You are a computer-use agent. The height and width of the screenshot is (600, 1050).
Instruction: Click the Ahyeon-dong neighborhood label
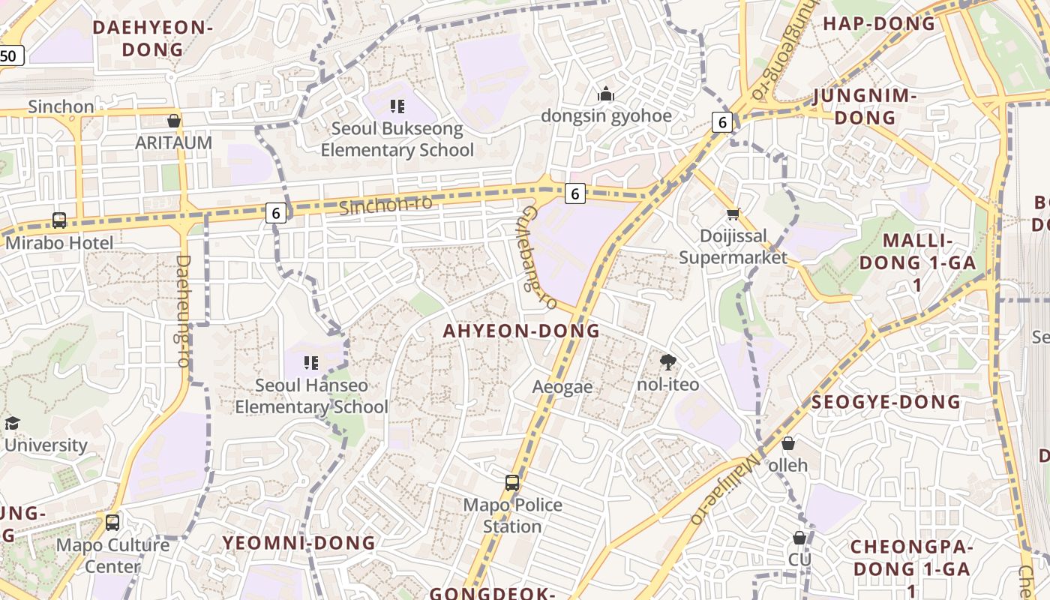pyautogui.click(x=521, y=331)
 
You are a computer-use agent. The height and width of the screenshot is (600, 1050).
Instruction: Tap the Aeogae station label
pyautogui.click(x=562, y=387)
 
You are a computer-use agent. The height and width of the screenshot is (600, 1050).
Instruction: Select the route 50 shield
pyautogui.click(x=10, y=55)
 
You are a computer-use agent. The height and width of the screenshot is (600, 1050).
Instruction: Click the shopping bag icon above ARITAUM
pyautogui.click(x=174, y=121)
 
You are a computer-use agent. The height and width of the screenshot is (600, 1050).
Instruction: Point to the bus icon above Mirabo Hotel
pyautogui.click(x=59, y=220)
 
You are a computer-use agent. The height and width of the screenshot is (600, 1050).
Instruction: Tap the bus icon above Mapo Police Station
pyautogui.click(x=512, y=483)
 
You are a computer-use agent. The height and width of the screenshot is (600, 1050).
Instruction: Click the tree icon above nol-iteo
pyautogui.click(x=667, y=363)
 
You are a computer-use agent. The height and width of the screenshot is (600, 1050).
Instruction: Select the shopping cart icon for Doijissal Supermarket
pyautogui.click(x=733, y=214)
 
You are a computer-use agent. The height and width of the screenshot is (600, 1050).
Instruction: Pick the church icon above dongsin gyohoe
pyautogui.click(x=605, y=94)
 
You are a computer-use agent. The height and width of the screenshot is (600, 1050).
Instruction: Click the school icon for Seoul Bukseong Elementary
pyautogui.click(x=397, y=106)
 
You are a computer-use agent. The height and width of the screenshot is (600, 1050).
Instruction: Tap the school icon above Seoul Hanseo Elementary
pyautogui.click(x=311, y=364)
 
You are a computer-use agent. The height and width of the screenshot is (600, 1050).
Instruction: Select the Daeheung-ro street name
pyautogui.click(x=182, y=310)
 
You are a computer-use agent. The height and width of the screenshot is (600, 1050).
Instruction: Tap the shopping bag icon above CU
pyautogui.click(x=799, y=538)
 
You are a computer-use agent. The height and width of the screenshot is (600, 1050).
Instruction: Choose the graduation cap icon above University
pyautogui.click(x=12, y=424)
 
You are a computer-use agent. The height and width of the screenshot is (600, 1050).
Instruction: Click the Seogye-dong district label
pyautogui.click(x=886, y=402)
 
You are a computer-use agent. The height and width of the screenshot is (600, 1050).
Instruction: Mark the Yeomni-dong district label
pyautogui.click(x=298, y=542)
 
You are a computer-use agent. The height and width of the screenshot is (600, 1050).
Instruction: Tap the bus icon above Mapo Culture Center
pyautogui.click(x=112, y=523)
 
